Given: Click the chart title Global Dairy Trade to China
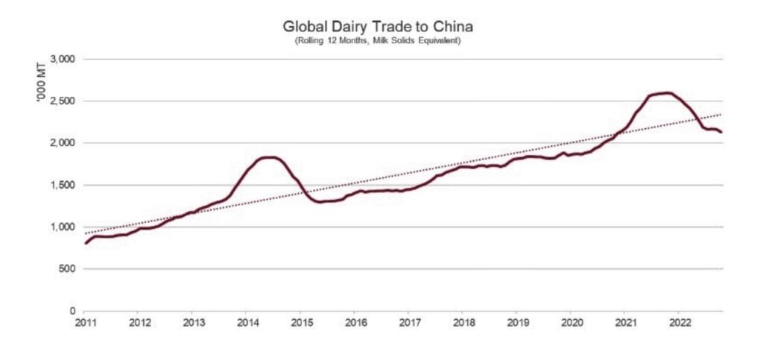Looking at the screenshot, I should coord(378,27).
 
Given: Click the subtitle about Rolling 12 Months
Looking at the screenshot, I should coord(378,40).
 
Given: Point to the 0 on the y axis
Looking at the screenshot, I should coord(72,311).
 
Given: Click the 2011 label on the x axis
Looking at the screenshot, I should coord(84,323).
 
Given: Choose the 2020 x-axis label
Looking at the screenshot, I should coord(571,323).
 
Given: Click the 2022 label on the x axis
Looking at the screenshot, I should coord(679,323).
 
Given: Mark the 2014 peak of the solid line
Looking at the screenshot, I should coord(269,157).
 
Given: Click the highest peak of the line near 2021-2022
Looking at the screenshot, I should coord(665,93).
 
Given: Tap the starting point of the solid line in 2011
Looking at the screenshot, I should coord(85,243).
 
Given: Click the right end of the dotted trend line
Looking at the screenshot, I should coord(721,115).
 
